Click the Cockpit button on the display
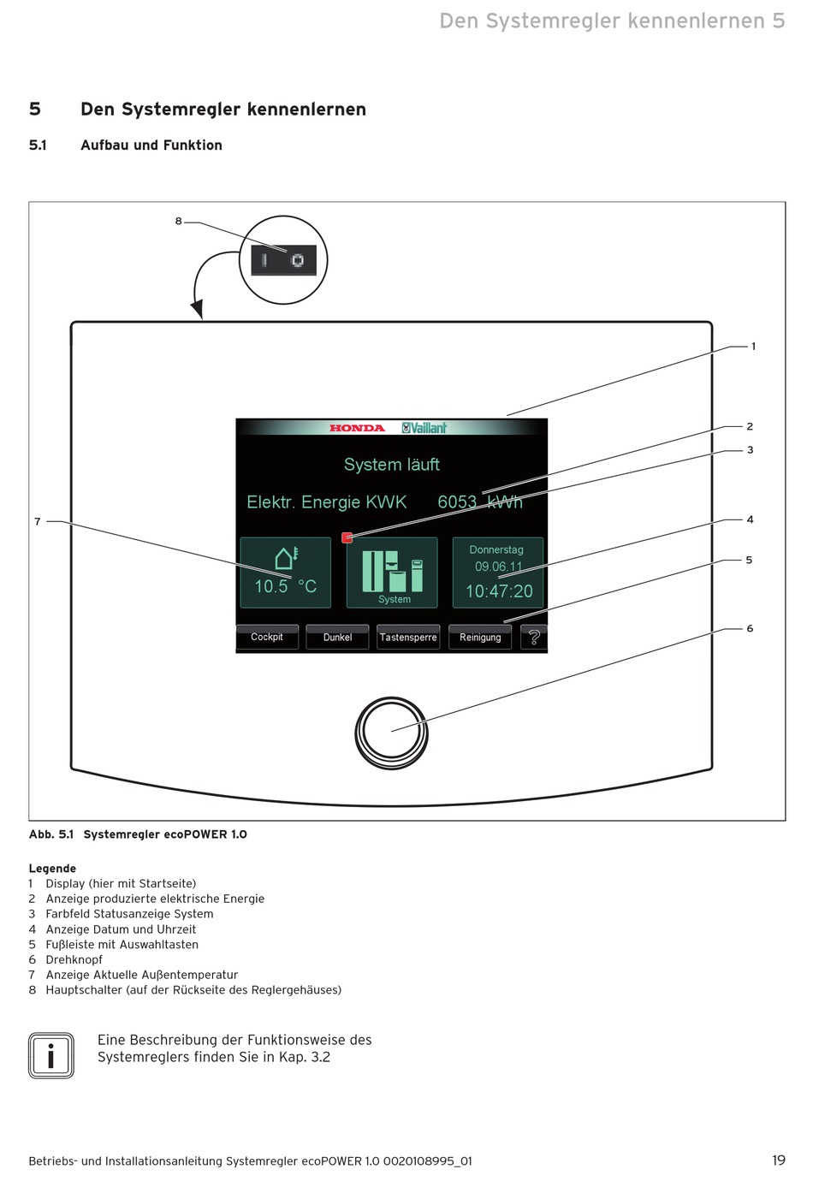tap(267, 638)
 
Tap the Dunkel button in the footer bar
tap(337, 638)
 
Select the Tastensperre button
tap(408, 638)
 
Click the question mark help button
tap(534, 638)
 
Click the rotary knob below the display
tap(391, 733)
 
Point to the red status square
tap(347, 537)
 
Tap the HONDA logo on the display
tap(357, 428)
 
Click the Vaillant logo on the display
tap(424, 428)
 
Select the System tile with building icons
tap(392, 573)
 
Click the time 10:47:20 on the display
tap(499, 591)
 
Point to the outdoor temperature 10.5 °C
tap(285, 587)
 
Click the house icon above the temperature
tap(286, 558)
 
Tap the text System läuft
tap(392, 465)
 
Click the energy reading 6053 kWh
tap(479, 502)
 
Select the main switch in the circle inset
tap(283, 260)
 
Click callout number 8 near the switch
tap(178, 222)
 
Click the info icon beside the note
tap(51, 1055)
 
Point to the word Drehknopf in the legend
tap(74, 959)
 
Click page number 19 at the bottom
tap(778, 1160)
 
